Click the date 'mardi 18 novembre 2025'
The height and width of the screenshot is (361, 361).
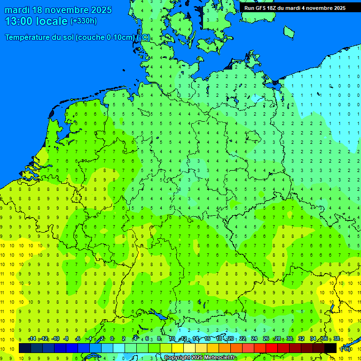coord(58,10)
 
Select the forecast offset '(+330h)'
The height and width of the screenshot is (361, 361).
coord(84,21)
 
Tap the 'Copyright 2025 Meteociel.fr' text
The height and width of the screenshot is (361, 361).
coord(200,358)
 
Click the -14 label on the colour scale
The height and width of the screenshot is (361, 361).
coord(32,339)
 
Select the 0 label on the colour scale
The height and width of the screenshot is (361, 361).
coord(112,339)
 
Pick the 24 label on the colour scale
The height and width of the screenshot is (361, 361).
coord(254,339)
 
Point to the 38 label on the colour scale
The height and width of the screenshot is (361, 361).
coord(337,339)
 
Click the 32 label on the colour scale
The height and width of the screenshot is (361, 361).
coord(301,339)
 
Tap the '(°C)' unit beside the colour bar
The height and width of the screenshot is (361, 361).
coord(345,349)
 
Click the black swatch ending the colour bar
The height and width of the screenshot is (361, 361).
coord(330,348)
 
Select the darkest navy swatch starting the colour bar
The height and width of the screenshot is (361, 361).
coord(25,348)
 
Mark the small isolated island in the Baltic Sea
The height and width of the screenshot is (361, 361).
coord(289,31)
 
